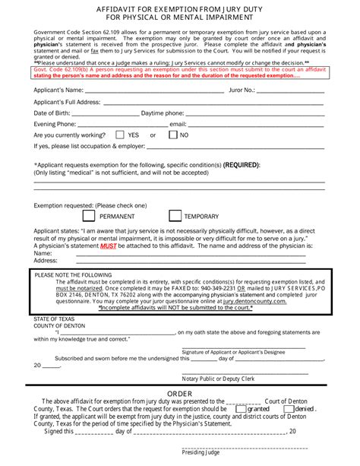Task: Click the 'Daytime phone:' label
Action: tap(163, 113)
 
